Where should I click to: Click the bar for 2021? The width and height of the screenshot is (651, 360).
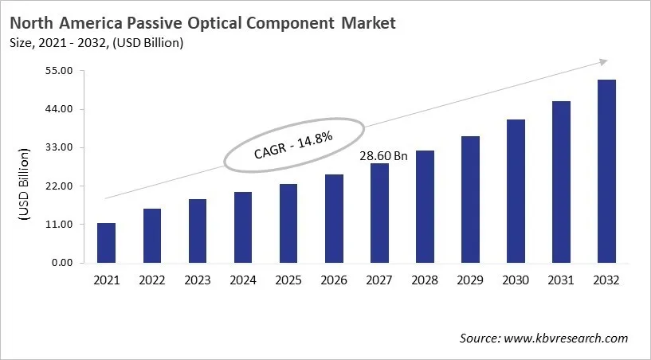pos(106,243)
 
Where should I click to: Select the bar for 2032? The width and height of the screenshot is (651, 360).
pos(606,171)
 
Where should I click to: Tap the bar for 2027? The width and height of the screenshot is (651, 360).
pos(379,213)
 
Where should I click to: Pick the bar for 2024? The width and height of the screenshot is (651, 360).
pos(242,227)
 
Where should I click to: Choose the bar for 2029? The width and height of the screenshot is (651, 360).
pos(470,199)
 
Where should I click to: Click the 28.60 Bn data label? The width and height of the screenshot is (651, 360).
pos(383,156)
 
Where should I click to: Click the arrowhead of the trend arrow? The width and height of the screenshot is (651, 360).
pos(603,61)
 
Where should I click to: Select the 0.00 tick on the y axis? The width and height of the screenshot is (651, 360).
pos(64,263)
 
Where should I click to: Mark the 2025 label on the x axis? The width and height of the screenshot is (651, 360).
pos(288,280)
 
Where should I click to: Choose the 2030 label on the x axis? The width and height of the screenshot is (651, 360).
pos(516,280)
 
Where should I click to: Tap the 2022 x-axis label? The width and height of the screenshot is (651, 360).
pos(151,280)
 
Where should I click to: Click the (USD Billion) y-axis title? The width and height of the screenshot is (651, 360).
pos(24,184)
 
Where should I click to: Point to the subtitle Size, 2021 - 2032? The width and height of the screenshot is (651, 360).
pos(68,43)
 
